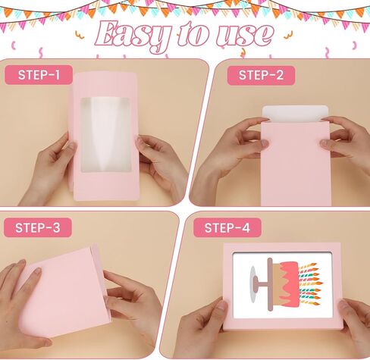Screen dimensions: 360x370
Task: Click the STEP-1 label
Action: (39, 75)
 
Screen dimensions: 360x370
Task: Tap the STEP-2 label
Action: (261, 75)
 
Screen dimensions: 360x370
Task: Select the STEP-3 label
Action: (39, 228)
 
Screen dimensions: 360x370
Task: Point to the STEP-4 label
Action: (227, 228)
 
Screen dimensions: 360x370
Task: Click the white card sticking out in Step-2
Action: (295, 114)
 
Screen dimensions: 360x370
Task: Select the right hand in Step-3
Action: (136, 303)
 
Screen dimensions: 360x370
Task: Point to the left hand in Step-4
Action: (201, 330)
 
